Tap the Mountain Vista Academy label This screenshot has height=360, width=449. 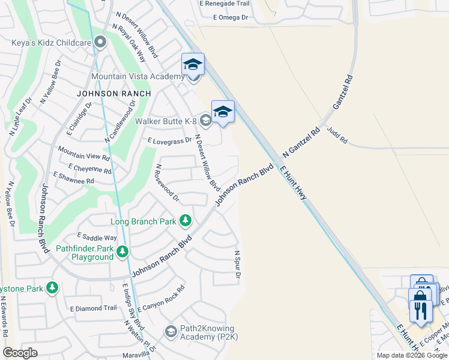click(x=137, y=76)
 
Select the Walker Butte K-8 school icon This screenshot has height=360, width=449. click(x=205, y=121)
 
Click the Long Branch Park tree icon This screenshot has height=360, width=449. click(x=185, y=221)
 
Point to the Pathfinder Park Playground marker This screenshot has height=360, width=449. click(x=122, y=251)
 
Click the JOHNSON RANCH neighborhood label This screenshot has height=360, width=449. click(x=113, y=94)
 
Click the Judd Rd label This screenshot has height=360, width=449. click(x=337, y=135)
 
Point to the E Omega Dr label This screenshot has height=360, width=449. click(x=231, y=17)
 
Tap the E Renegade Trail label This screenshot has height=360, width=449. click(x=225, y=4)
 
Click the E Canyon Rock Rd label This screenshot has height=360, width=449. click(x=160, y=298)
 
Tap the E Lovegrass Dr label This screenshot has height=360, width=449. click(x=169, y=140)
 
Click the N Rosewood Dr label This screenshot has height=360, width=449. click(x=167, y=182)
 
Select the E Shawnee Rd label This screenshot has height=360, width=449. click(x=73, y=178)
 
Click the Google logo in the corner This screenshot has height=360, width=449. click(x=20, y=353)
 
